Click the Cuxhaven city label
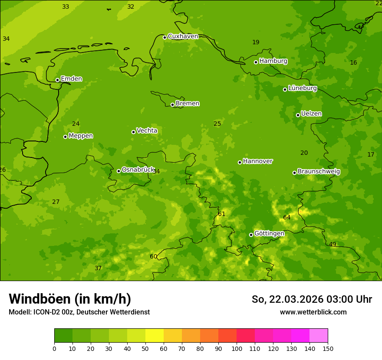[183, 36]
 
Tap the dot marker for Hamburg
[256, 62]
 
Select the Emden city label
[71, 79]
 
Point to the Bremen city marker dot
[172, 105]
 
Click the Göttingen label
[269, 234]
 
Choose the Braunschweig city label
[319, 172]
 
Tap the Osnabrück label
[138, 170]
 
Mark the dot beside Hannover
[240, 162]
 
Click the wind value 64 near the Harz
[287, 217]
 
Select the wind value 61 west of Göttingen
[222, 214]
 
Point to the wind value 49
[333, 244]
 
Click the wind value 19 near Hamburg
[256, 42]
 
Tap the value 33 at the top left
[66, 7]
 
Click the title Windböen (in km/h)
[70, 299]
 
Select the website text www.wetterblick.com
[313, 312]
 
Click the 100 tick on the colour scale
[237, 348]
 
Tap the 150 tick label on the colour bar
[327, 348]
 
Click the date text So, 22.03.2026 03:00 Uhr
[312, 299]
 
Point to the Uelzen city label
[311, 114]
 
